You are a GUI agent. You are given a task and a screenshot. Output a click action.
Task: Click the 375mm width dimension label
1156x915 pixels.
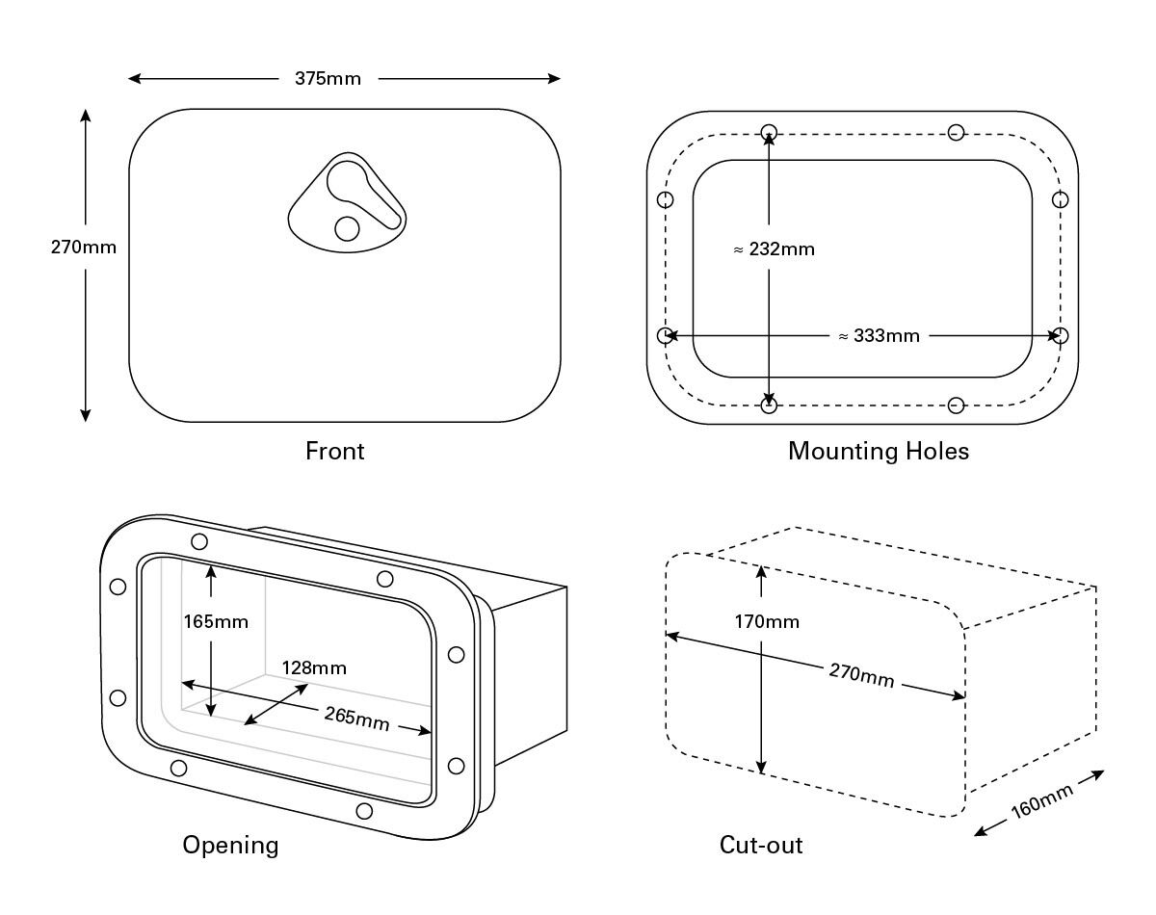pos(328,79)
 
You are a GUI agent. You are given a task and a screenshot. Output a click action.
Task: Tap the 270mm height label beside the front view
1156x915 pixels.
pos(84,248)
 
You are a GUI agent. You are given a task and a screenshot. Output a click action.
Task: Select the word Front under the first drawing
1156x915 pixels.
pos(334,451)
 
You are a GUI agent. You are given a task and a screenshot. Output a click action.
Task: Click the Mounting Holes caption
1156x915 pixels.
pos(879,451)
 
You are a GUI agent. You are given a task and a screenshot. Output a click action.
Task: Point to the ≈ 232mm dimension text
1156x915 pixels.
pos(774,249)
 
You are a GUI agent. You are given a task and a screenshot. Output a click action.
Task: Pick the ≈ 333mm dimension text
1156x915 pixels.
pos(879,336)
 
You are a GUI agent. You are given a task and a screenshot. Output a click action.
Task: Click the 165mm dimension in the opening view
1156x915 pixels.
pos(216,622)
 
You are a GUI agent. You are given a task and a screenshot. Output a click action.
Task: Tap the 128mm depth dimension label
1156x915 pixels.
pos(314,667)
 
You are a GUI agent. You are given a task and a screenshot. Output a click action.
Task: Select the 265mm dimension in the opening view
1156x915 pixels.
pos(357,719)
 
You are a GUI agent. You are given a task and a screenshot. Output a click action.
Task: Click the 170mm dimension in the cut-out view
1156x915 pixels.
pos(767,622)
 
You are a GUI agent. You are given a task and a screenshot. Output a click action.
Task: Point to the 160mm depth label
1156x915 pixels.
pos(1042,801)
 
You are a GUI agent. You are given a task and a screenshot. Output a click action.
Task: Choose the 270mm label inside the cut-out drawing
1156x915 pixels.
pos(861,675)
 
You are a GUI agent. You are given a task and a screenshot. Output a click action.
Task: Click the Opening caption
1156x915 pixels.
pos(230,846)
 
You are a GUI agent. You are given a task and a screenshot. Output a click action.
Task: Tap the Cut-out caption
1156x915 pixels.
pos(761,846)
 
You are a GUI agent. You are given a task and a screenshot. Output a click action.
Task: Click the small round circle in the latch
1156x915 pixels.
pos(346,227)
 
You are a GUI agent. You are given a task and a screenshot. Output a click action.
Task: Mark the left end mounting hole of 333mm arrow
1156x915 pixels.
pos(665,335)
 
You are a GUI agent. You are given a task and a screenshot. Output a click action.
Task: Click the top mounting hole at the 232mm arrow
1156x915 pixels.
pos(769,132)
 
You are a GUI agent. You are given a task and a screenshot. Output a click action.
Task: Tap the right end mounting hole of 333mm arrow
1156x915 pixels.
pos(1061,335)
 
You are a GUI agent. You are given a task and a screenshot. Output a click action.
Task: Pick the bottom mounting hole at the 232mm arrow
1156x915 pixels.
pos(769,405)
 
